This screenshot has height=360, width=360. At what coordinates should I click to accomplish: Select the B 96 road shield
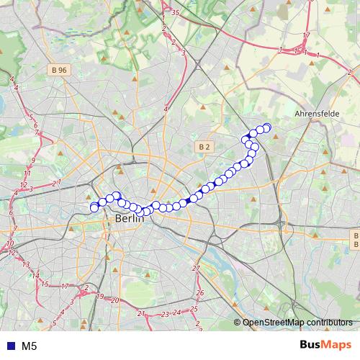coord(60,70)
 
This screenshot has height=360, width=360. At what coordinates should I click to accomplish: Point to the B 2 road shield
coord(204,147)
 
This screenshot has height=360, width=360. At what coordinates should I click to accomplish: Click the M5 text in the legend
coord(30,346)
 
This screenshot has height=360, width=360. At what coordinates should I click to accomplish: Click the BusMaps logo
coord(325,345)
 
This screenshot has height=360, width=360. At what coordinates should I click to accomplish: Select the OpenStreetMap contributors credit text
coord(297,323)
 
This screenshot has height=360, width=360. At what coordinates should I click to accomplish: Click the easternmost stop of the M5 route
coord(266,128)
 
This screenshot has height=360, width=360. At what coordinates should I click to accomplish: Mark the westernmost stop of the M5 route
coord(94,208)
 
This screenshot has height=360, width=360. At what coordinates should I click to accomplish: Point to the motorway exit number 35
coord(176,13)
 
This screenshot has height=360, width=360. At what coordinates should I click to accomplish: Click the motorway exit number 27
coord(195,268)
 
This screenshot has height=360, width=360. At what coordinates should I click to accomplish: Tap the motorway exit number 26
coord(200,293)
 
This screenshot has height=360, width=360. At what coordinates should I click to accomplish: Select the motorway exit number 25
coord(194,309)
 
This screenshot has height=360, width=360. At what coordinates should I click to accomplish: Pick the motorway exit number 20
coord(115,300)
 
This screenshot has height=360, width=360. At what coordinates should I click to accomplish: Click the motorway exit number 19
coord(100,296)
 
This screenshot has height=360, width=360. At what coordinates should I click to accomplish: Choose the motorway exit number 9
coord(33,160)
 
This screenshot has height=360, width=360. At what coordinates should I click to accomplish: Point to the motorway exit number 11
coord(27,174)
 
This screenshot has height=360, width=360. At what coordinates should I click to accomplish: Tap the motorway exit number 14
coord(35,274)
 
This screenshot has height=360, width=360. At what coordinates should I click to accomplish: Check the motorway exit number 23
coord(166,314)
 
